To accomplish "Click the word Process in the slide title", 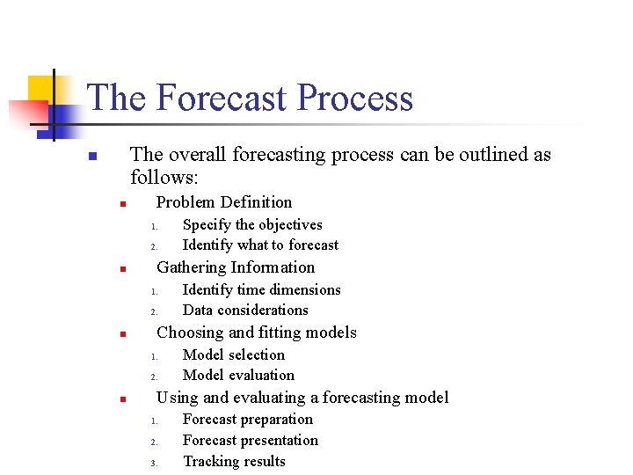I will click(x=355, y=98).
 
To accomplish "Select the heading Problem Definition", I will click(x=223, y=202).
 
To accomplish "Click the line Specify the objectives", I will click(x=251, y=225).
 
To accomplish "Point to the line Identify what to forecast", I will click(x=259, y=245).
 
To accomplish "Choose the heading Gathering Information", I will click(x=235, y=267).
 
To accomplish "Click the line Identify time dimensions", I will click(x=261, y=290).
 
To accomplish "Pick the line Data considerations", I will click(x=244, y=311).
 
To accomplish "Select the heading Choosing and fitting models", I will click(x=256, y=332).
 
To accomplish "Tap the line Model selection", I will click(x=233, y=355).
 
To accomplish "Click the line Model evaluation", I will click(x=237, y=376).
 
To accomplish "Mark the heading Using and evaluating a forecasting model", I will click(x=302, y=398).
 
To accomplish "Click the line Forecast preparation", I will click(x=247, y=420).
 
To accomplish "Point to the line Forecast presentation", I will click(x=250, y=441).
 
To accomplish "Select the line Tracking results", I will click(x=233, y=462).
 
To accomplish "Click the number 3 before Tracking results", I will click(x=152, y=463).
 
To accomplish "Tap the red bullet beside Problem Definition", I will click(x=124, y=204).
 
